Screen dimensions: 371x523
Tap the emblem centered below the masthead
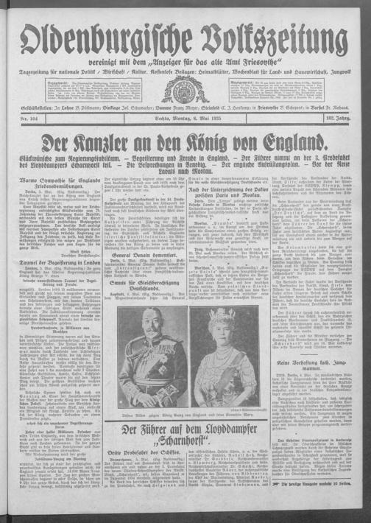point(185,91)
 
